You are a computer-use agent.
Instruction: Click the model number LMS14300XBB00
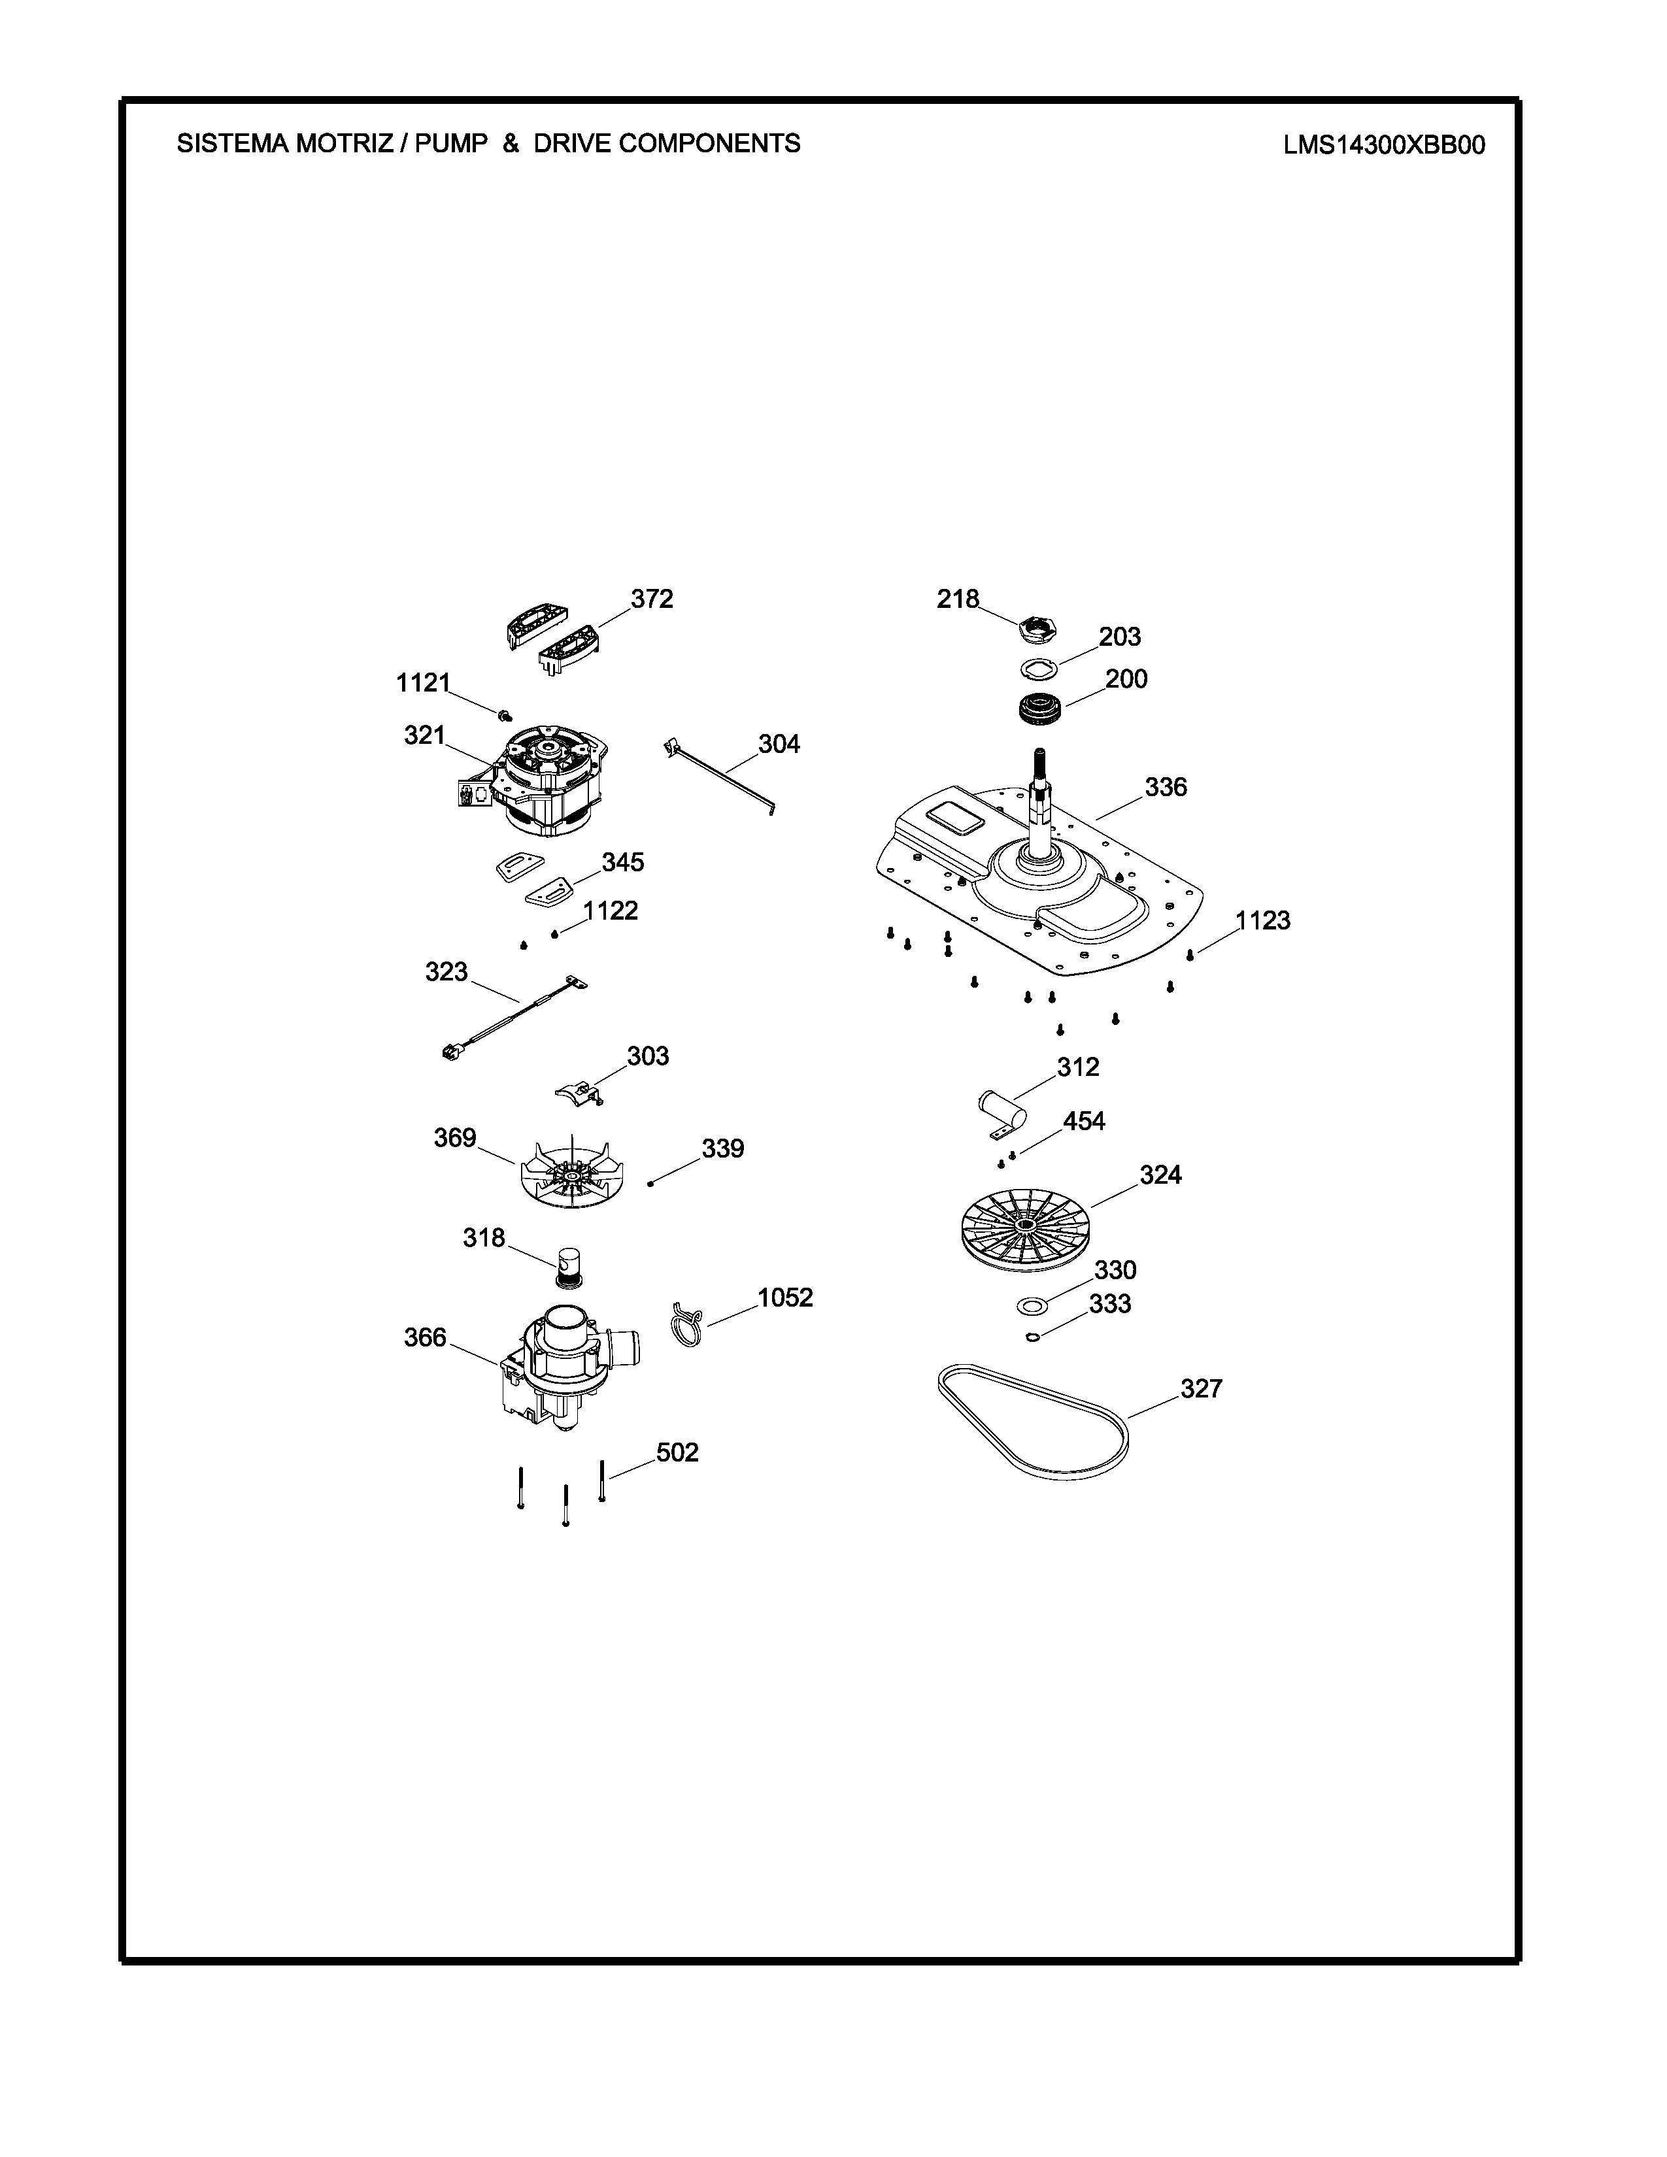click(x=1383, y=145)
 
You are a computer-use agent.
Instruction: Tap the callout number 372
click(x=652, y=599)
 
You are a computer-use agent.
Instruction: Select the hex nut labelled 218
click(x=1035, y=626)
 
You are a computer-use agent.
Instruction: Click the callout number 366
click(x=425, y=1337)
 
